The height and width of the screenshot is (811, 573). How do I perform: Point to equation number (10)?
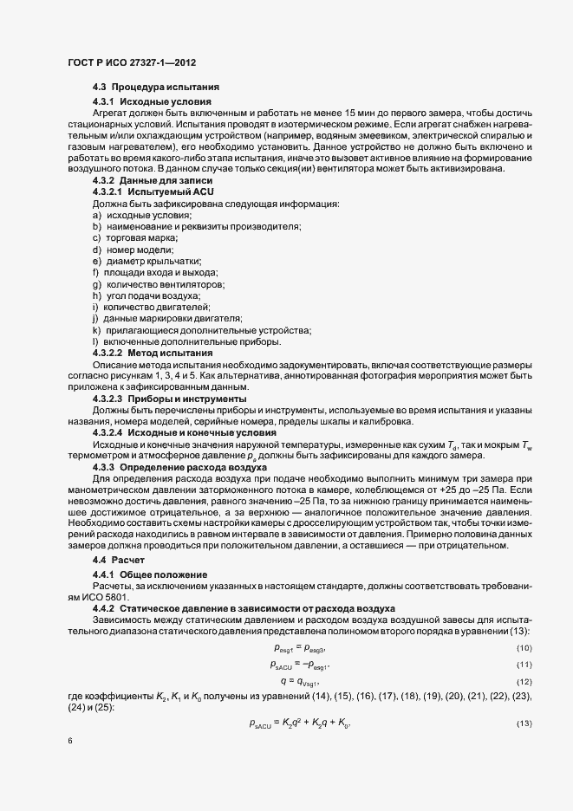(x=524, y=649)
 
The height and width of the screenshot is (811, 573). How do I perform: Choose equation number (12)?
(x=524, y=684)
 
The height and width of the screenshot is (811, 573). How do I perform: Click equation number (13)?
(x=524, y=723)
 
